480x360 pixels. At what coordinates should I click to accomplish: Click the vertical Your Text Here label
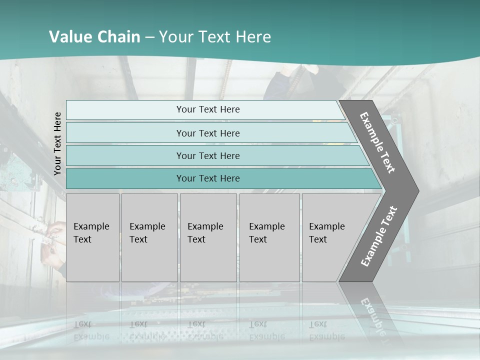(x=57, y=143)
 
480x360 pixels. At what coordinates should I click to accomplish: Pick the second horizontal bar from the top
(x=207, y=133)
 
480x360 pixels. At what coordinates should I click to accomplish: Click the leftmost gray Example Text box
(x=92, y=237)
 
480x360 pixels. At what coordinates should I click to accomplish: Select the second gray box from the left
(x=149, y=237)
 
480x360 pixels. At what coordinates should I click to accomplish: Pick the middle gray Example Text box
(x=208, y=237)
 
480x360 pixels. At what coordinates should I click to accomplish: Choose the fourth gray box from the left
(x=269, y=237)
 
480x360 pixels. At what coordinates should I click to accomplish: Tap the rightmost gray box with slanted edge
(x=332, y=237)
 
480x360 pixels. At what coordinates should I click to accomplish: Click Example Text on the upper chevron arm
(x=377, y=143)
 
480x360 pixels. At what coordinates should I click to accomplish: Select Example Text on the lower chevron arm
(x=379, y=236)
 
